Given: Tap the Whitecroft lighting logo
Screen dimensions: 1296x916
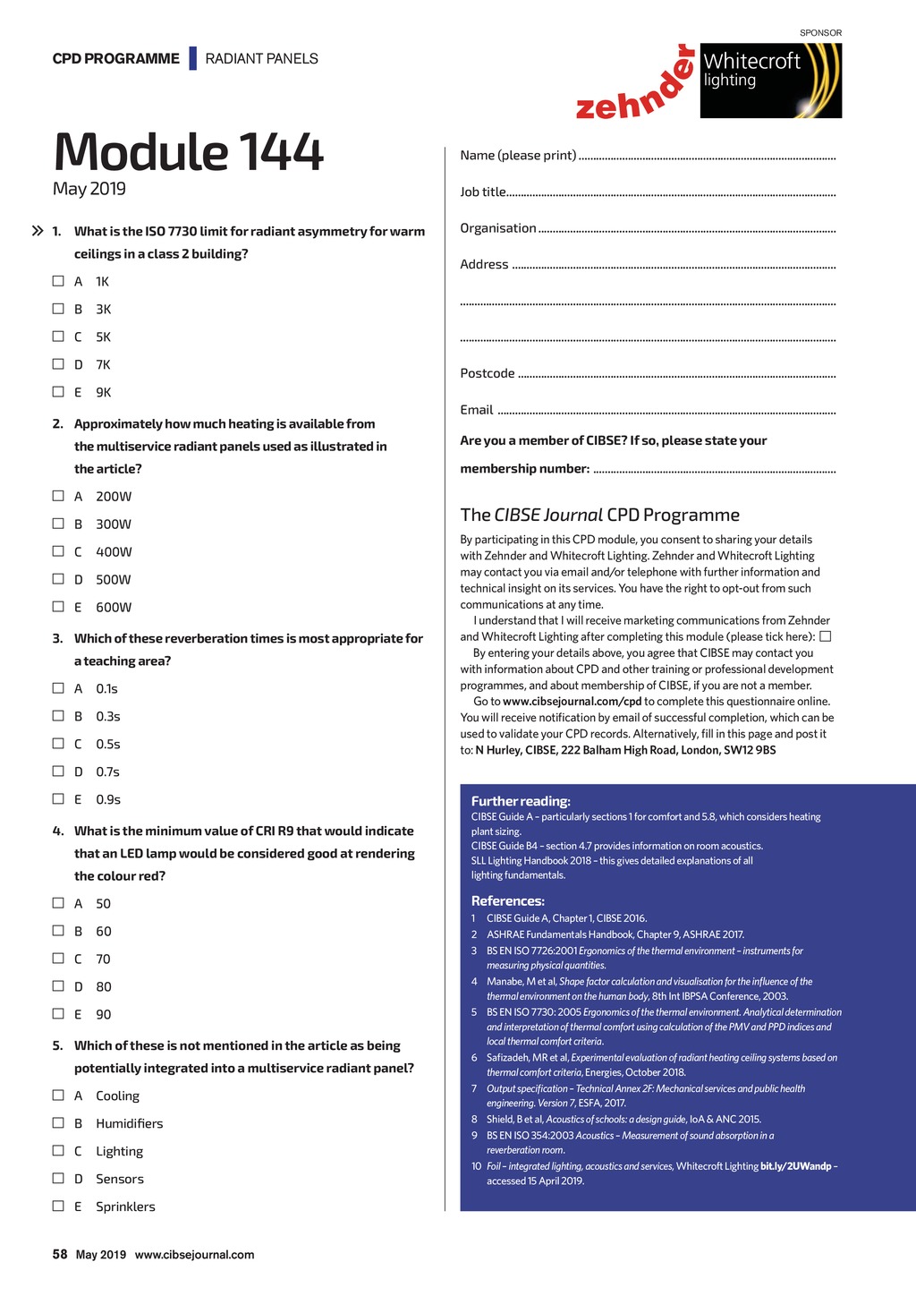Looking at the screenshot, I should click(770, 81).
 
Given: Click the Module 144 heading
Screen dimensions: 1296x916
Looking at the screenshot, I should click(188, 151).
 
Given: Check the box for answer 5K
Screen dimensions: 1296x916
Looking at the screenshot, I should click(58, 337).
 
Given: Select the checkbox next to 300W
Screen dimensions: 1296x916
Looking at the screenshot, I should click(58, 524).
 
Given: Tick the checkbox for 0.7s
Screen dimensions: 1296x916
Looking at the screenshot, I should click(58, 772).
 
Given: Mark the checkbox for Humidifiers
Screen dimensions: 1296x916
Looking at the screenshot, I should click(58, 1123).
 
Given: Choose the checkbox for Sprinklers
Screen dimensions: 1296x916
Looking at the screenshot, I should click(58, 1206).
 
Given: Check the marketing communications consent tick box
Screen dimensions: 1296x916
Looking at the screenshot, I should click(826, 636).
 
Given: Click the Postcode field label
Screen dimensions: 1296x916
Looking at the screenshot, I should click(488, 373).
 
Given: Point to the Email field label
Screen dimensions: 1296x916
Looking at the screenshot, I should click(477, 410).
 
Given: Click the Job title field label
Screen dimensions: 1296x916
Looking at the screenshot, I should click(483, 192).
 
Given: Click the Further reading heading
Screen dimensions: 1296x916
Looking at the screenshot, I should click(521, 801).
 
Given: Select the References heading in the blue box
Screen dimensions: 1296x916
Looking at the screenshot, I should click(507, 900).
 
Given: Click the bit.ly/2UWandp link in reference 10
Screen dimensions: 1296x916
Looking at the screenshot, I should click(795, 1166).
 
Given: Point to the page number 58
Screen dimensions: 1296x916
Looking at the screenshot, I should click(60, 1254).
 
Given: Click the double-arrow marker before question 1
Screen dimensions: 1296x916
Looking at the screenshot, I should click(38, 231).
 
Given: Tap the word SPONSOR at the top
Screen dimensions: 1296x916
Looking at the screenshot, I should click(820, 33).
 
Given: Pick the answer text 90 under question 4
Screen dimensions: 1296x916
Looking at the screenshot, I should click(104, 1014).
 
